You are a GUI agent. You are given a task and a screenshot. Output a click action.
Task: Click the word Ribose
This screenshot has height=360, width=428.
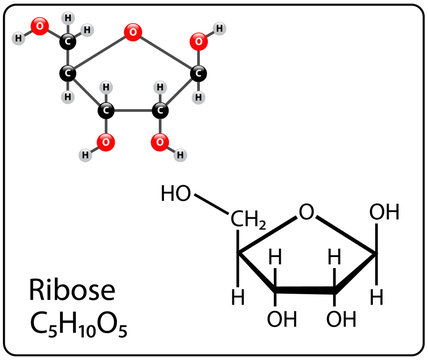[x=73, y=292]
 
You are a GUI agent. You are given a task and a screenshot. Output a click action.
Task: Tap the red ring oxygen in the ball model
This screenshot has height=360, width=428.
[x=133, y=33]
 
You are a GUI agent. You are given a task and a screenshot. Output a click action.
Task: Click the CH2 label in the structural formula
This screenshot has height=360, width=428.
[x=246, y=217]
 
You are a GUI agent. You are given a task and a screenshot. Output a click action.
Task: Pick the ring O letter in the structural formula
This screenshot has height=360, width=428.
[x=307, y=212]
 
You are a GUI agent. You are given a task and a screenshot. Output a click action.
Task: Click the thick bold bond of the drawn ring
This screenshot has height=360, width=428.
[x=304, y=293]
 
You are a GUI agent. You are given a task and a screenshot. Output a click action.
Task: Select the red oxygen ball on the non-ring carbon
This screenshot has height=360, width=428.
[x=39, y=26]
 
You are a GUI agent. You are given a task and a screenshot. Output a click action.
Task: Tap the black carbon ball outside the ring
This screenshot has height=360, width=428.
[x=68, y=41]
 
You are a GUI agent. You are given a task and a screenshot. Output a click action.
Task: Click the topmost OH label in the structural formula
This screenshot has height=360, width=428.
[x=385, y=212]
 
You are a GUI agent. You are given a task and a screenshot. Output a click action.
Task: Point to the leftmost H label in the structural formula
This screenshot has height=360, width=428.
[x=238, y=297]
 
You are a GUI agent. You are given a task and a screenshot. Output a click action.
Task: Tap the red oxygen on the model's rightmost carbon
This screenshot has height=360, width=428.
[x=199, y=41]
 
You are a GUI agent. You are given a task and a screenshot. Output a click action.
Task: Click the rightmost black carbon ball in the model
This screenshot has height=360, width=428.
[x=199, y=72]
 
